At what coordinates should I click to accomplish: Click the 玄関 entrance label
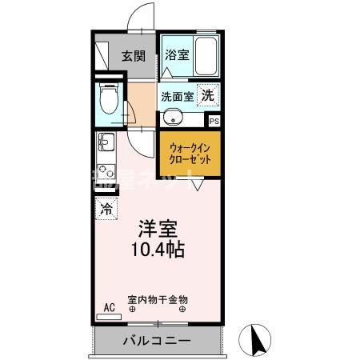coord(134,56)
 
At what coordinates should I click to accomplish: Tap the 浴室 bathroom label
coord(176,55)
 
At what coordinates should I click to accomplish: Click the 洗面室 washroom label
coord(176,96)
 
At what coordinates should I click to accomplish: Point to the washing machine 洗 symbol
coord(207,95)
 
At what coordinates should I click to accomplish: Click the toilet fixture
coord(109,100)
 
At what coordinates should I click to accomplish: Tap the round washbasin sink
coord(173,118)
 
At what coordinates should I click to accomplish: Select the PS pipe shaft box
coord(213,121)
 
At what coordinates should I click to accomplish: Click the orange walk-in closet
coord(190,154)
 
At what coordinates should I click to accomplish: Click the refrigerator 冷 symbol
coord(106,210)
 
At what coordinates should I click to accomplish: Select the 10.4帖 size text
coord(158,250)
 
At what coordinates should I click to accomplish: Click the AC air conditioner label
coord(109,306)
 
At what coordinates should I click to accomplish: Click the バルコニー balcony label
coord(157,342)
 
